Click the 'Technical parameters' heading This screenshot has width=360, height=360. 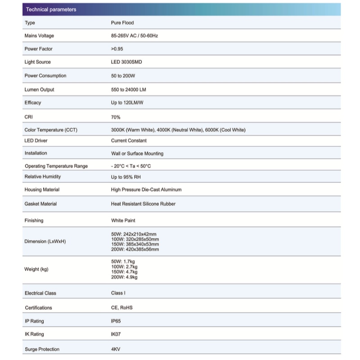(51, 9)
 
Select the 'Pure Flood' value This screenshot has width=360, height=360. (122, 22)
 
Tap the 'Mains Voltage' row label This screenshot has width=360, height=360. (39, 36)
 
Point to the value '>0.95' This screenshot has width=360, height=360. (117, 49)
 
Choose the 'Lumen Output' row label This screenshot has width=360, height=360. (39, 90)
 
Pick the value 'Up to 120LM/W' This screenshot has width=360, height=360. (127, 103)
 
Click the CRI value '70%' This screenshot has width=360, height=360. (116, 117)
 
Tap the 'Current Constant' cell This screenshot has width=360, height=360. (129, 141)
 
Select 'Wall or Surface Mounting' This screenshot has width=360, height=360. (137, 153)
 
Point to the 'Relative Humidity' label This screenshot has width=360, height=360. (42, 177)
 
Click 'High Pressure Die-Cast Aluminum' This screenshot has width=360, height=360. (146, 190)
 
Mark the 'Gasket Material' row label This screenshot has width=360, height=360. (40, 204)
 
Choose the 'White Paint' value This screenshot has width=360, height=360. (123, 221)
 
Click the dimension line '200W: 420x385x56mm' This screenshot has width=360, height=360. (135, 249)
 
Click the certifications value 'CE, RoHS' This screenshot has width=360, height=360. (122, 308)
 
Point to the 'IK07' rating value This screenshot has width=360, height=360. (116, 334)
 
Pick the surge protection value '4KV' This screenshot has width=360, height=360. (116, 349)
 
